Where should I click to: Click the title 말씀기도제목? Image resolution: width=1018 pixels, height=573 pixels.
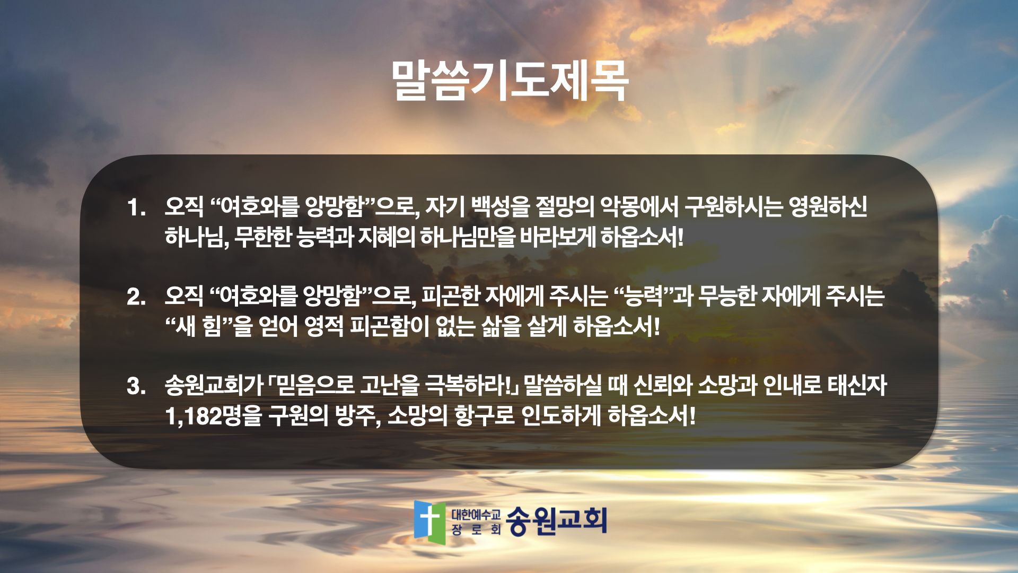click(x=510, y=81)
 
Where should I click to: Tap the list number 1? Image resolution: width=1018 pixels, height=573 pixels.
click(x=136, y=207)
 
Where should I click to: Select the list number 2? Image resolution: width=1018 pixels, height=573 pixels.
click(x=136, y=297)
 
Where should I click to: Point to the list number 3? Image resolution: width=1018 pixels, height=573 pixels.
click(x=136, y=386)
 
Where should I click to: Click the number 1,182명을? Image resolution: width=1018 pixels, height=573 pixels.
click(x=214, y=416)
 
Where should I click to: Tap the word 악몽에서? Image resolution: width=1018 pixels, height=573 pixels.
click(x=639, y=207)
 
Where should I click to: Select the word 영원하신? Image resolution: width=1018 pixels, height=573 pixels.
click(x=828, y=207)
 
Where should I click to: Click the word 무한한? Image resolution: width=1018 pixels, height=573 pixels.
click(x=263, y=237)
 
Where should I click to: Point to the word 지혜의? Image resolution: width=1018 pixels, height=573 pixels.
click(x=387, y=237)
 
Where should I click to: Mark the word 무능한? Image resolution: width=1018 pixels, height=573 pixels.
click(x=726, y=296)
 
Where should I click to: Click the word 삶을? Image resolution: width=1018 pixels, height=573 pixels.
click(x=502, y=326)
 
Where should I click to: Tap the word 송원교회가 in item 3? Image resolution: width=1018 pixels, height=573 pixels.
click(x=214, y=385)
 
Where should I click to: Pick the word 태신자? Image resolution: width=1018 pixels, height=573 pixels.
click(x=857, y=385)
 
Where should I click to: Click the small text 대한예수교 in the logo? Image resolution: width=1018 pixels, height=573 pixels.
click(x=476, y=514)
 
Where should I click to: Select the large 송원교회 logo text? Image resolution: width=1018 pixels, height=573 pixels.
click(x=556, y=520)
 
